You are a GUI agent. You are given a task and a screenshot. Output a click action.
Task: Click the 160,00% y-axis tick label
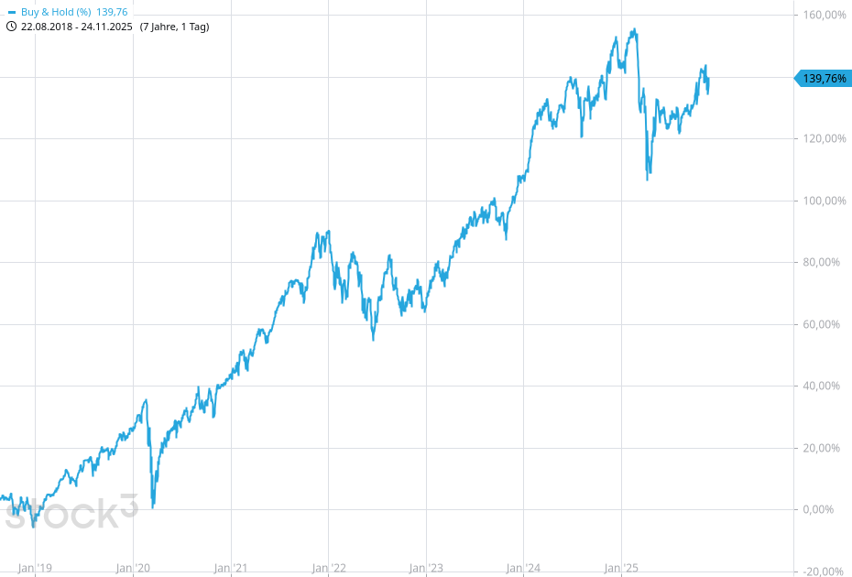click(x=822, y=16)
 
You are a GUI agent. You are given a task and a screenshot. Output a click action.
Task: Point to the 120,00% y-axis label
click(x=822, y=139)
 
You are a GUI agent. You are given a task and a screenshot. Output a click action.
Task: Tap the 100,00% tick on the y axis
click(x=822, y=201)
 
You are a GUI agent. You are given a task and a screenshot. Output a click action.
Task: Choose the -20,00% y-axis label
click(x=822, y=572)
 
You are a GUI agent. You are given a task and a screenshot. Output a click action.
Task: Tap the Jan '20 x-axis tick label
click(x=133, y=569)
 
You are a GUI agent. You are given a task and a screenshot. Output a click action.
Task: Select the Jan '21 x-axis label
click(x=231, y=569)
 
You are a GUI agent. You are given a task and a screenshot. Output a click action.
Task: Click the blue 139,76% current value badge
click(x=824, y=79)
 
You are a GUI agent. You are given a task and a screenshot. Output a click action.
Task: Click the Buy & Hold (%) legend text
click(x=56, y=12)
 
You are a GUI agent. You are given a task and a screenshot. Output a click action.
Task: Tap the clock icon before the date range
click(x=11, y=27)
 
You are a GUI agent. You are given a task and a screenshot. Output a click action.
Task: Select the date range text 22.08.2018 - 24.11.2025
click(x=77, y=27)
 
